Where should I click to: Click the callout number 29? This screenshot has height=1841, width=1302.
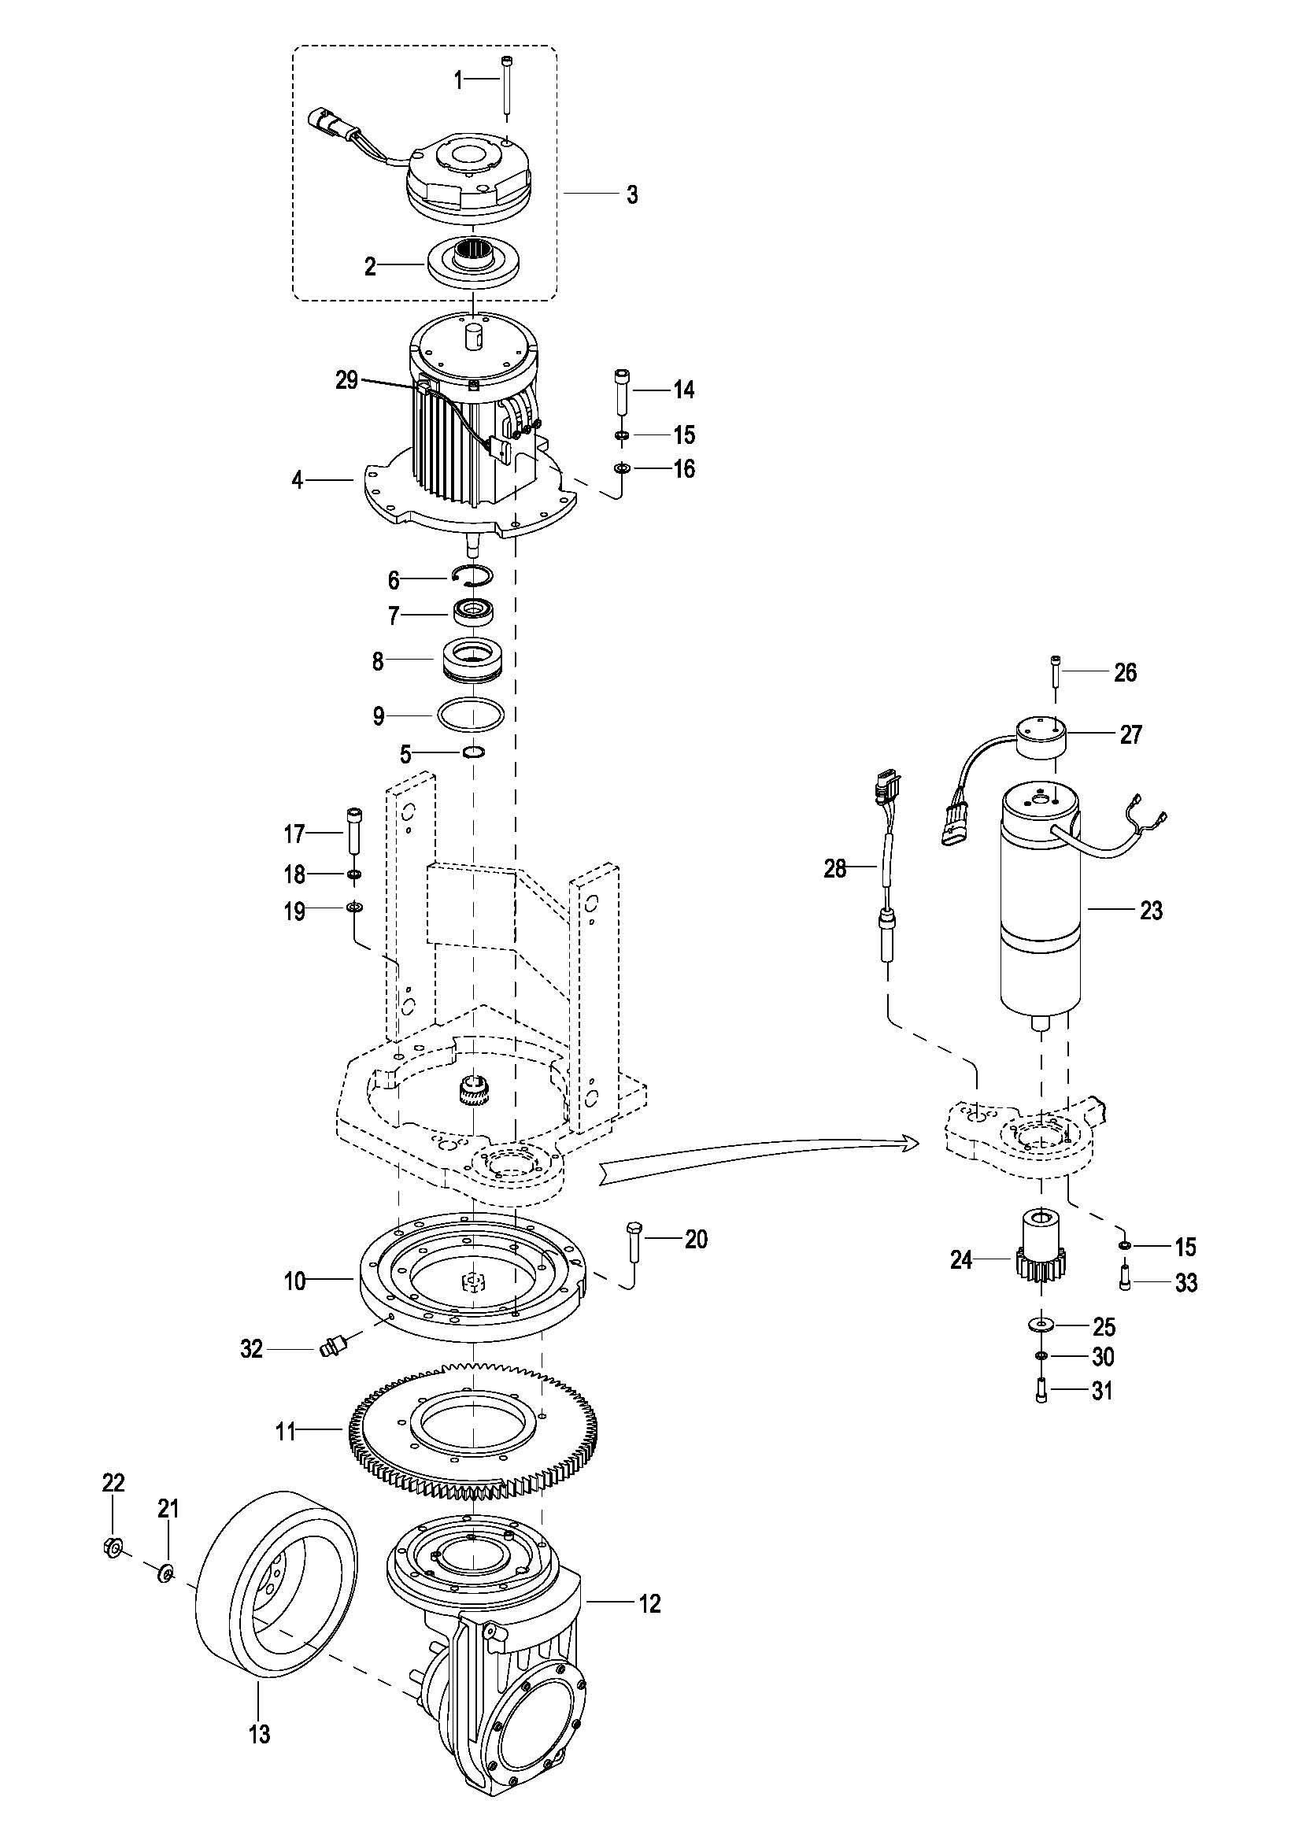coord(346,380)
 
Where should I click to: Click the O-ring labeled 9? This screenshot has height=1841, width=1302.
coord(472,714)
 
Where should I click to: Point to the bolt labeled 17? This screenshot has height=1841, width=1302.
coord(354,834)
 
